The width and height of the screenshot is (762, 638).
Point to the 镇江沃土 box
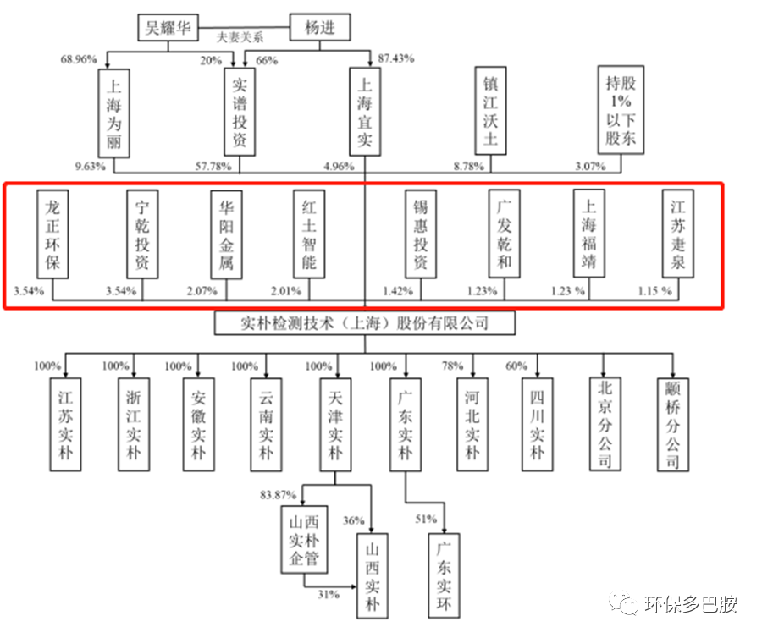(490, 110)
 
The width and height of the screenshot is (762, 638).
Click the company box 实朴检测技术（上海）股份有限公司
(364, 323)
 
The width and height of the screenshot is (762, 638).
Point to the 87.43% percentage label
(396, 58)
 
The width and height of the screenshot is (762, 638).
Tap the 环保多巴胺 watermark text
(690, 604)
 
